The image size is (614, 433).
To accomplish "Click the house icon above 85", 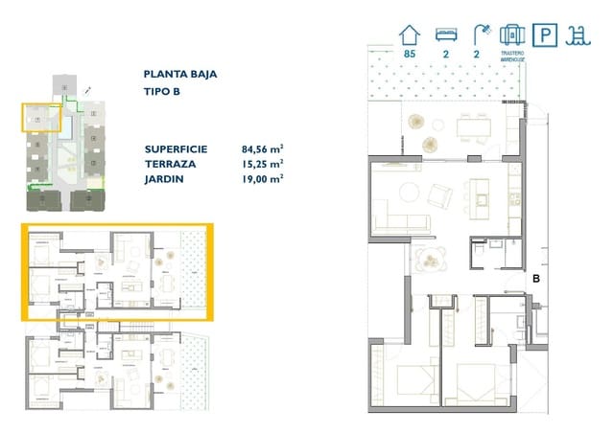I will click(411, 34).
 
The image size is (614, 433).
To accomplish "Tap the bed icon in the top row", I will click(444, 34).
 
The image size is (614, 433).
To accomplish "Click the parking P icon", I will click(545, 35).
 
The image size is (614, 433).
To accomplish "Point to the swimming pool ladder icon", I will click(579, 35).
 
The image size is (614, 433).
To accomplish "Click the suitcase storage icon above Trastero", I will click(510, 34).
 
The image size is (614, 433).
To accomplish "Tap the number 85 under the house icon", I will click(410, 55).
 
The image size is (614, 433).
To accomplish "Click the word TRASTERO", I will click(510, 54).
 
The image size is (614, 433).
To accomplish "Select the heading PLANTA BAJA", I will click(179, 73).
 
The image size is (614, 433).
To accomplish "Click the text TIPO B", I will click(162, 92).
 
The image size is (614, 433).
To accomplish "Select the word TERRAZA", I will click(170, 163).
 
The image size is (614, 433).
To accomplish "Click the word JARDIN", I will click(165, 178).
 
